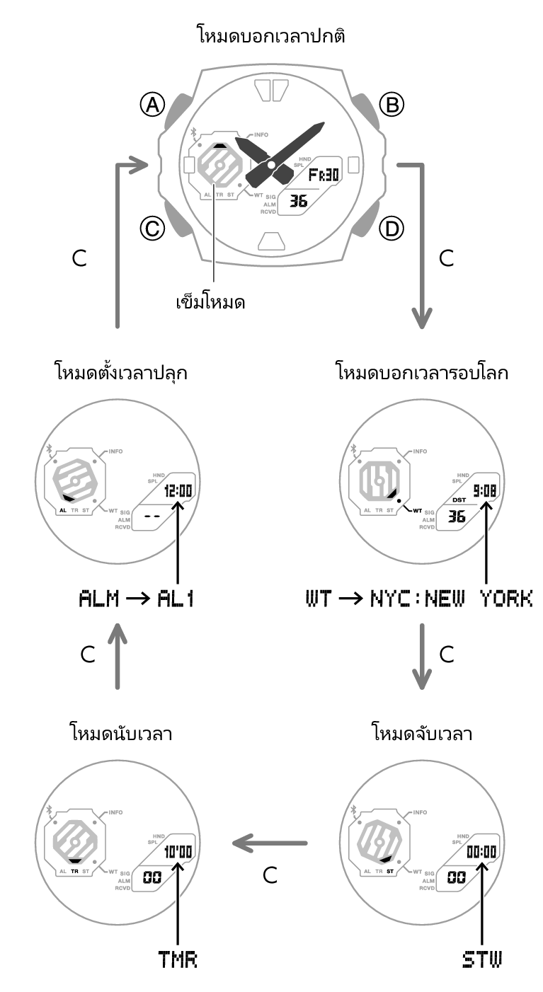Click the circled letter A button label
click(152, 105)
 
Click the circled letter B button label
click(391, 105)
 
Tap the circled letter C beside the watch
click(152, 228)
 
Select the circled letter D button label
click(391, 228)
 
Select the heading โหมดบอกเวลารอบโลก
click(421, 371)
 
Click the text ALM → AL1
click(136, 599)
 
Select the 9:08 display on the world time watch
click(484, 490)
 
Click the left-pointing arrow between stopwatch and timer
click(270, 843)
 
